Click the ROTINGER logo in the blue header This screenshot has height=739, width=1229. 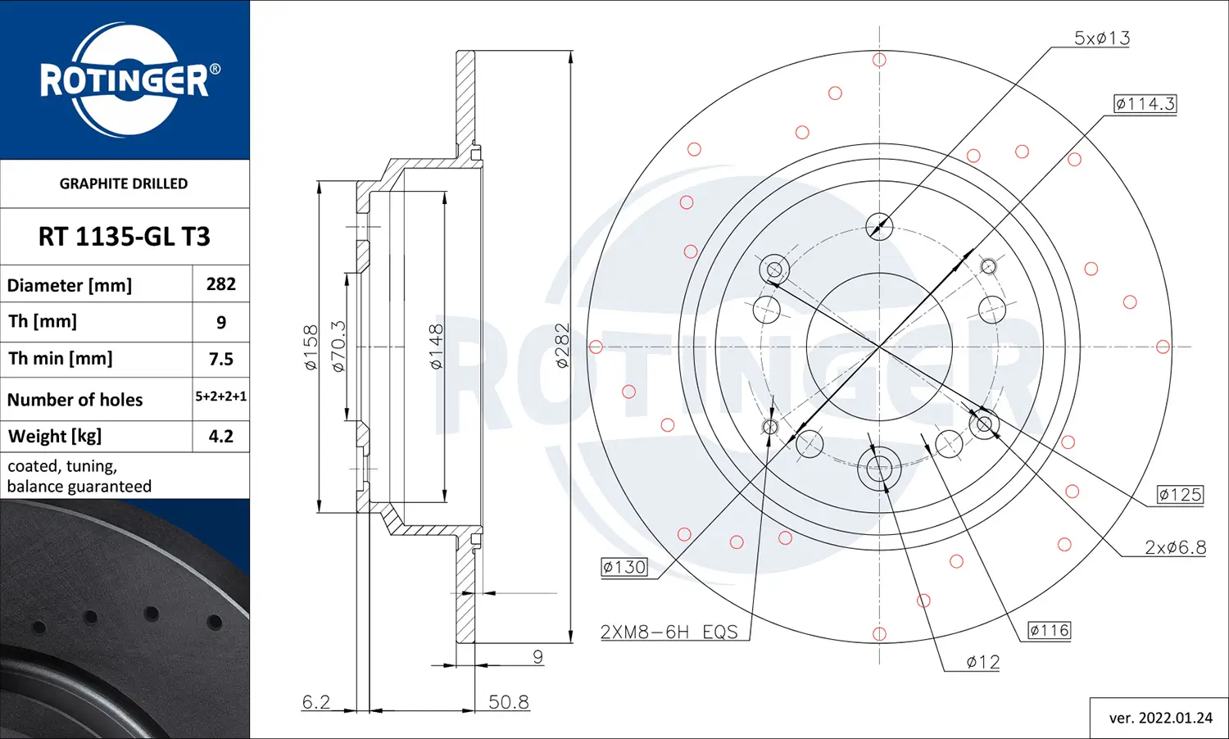click(125, 79)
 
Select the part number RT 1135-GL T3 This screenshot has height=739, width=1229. click(125, 237)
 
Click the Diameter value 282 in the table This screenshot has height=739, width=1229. click(221, 284)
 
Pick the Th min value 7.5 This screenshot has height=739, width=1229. click(221, 359)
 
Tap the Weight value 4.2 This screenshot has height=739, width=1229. click(221, 436)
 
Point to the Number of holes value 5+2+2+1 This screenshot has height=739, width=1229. click(221, 397)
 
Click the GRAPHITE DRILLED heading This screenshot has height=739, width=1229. click(124, 184)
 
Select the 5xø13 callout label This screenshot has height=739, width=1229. click(1102, 38)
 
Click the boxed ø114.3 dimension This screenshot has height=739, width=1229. click(1145, 104)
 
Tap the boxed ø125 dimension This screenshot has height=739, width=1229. click(1180, 495)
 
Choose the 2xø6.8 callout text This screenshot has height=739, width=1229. click(1175, 547)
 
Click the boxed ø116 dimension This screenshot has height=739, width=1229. click(1050, 631)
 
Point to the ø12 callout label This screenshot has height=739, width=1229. click(982, 662)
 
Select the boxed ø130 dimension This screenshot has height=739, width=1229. click(624, 567)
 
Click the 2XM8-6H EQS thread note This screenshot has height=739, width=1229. click(669, 632)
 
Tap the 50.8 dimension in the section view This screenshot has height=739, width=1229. click(509, 702)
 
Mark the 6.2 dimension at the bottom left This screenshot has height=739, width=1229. click(316, 702)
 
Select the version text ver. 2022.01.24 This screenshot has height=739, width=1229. click(1160, 718)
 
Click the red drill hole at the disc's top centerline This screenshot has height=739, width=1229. click(879, 60)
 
